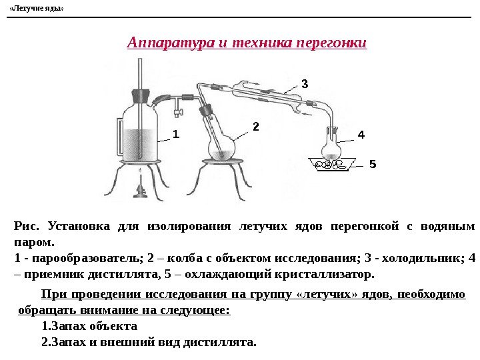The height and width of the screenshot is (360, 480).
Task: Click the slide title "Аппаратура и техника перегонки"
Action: (x=247, y=43)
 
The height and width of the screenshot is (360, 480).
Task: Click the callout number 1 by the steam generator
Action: (x=176, y=133)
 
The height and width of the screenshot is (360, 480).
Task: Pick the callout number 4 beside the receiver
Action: (x=361, y=135)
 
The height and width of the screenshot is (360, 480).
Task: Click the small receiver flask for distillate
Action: (x=330, y=148)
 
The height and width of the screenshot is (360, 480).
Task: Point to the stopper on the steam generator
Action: (x=139, y=93)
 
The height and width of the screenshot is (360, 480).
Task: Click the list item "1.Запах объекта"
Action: (x=89, y=326)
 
